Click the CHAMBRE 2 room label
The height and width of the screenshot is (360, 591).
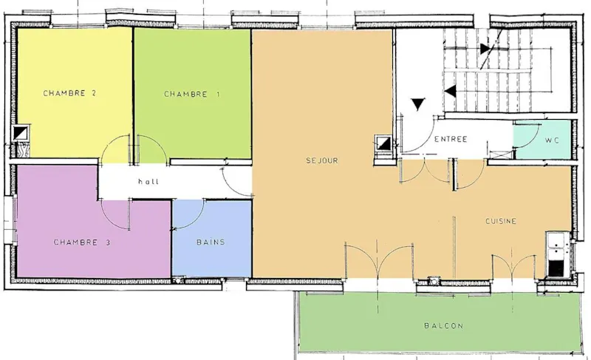click(69, 93)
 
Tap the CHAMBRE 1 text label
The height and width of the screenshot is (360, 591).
click(192, 94)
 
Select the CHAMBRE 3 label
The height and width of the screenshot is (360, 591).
click(82, 242)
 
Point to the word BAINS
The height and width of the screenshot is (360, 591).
click(211, 242)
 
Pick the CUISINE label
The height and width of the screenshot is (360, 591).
click(500, 221)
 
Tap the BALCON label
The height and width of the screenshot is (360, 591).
click(443, 326)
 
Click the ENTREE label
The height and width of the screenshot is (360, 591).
click(451, 139)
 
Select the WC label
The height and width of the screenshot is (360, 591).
click(552, 140)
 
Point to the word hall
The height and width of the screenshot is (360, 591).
click(148, 181)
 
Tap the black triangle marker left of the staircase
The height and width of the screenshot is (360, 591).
click(420, 104)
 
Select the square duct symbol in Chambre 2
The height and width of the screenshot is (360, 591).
click(21, 133)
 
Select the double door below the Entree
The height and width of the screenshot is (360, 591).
click(426, 172)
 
